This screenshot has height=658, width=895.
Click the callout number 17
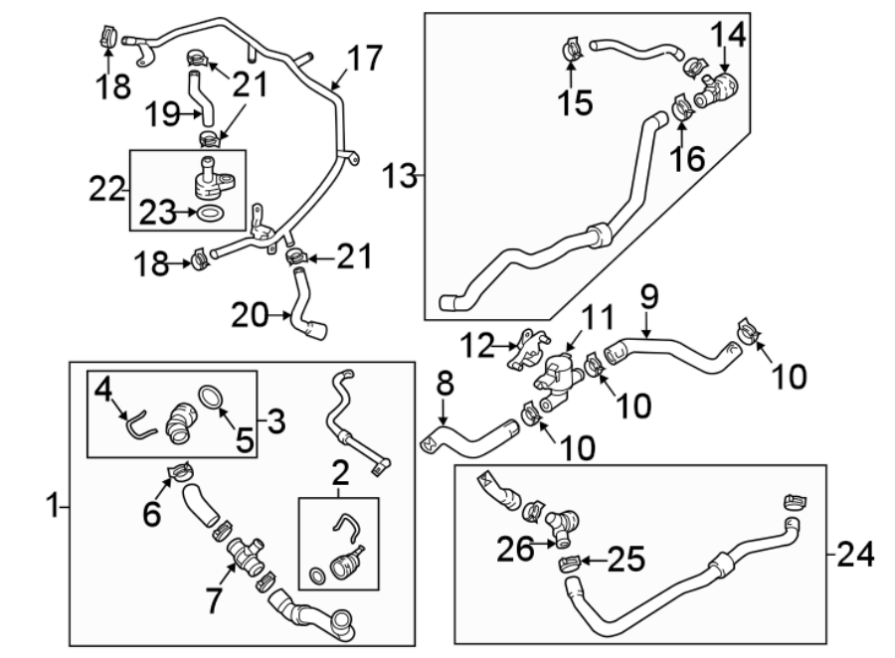[365, 59]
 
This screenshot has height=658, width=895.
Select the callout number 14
[727, 36]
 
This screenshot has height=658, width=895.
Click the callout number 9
[648, 295]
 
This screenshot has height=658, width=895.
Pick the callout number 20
[252, 317]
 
